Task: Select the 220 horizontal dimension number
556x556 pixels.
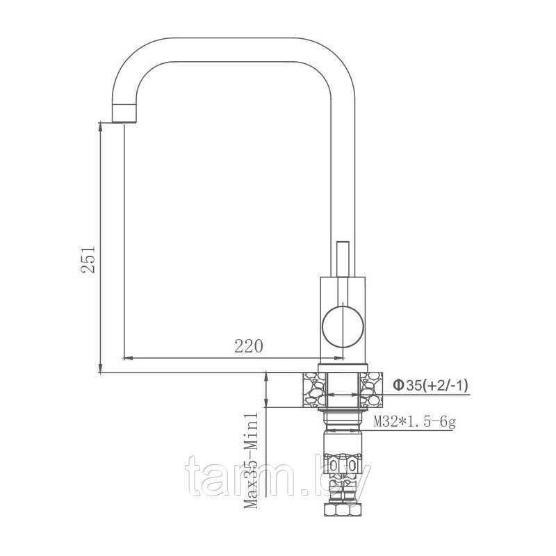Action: coord(249,346)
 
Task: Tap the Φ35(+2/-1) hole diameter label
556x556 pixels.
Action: coord(432,385)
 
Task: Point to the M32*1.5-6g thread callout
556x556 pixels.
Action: coord(414,422)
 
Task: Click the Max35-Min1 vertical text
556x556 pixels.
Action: coord(252,461)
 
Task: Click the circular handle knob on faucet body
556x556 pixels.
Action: coord(343,327)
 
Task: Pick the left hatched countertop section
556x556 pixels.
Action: coord(314,390)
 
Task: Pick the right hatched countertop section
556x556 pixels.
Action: coord(371,390)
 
